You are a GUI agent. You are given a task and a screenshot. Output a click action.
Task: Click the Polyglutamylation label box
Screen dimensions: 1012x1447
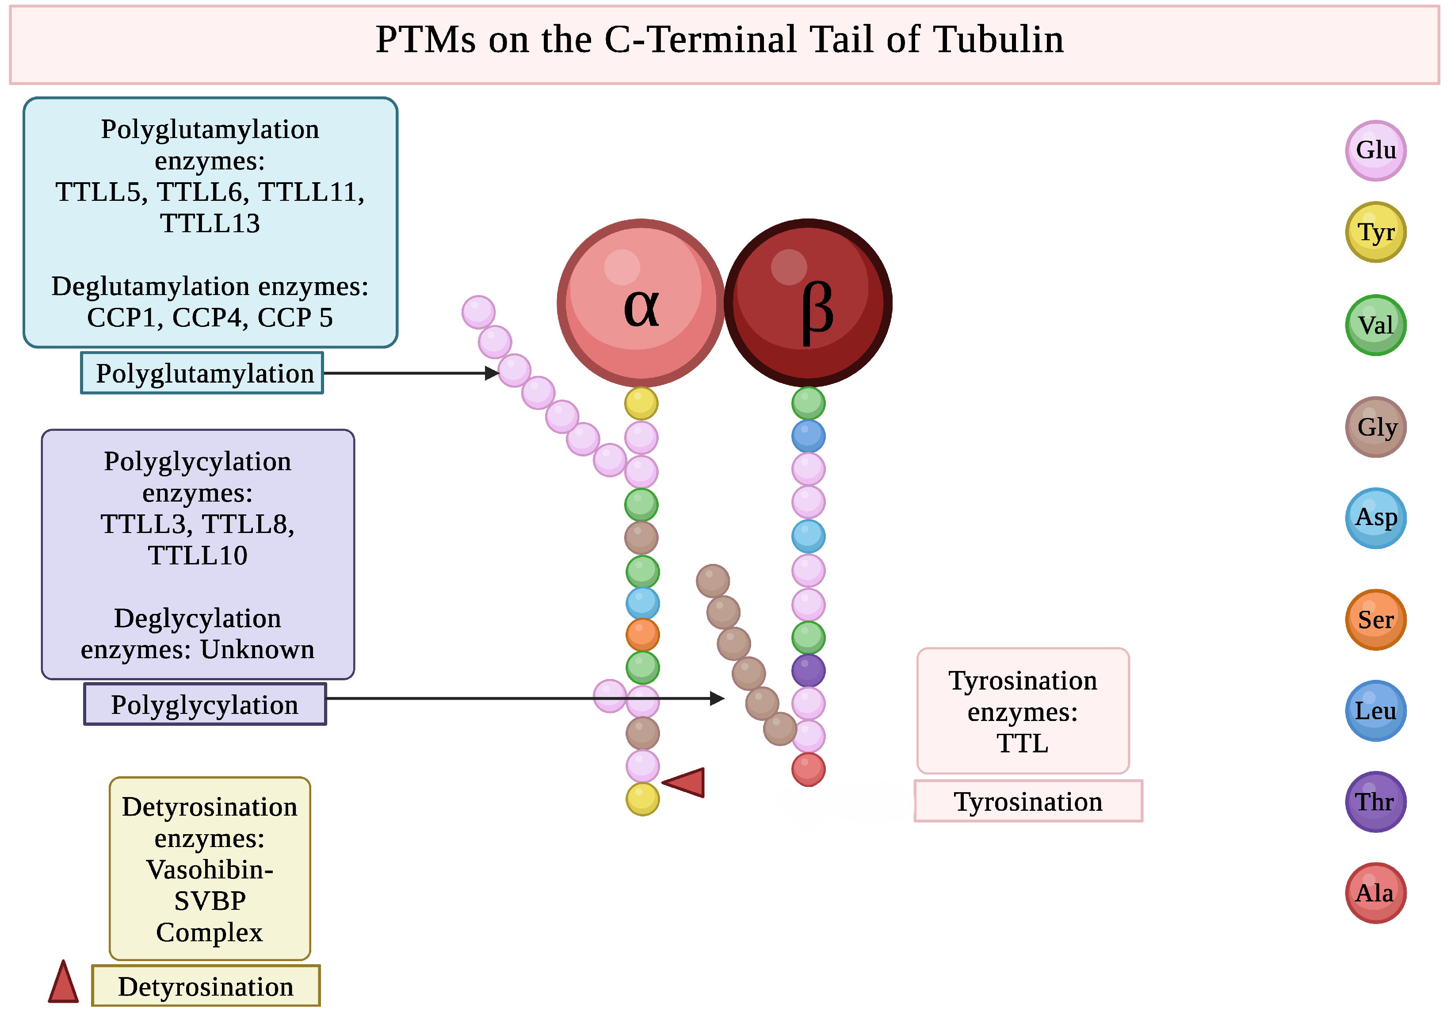[x=202, y=373]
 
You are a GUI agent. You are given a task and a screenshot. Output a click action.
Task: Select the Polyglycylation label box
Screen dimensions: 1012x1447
[x=205, y=704]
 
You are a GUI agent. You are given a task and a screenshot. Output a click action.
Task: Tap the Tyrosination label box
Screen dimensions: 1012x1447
[x=1028, y=801]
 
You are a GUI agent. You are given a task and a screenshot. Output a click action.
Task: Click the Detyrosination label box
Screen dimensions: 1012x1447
[x=206, y=986]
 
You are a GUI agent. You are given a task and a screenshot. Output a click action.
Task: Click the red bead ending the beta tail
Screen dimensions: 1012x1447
[x=808, y=769]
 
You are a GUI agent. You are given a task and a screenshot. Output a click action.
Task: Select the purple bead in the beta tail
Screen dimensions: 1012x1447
[x=808, y=670]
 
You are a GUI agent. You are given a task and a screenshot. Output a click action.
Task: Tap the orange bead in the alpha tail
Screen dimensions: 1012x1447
[x=642, y=634]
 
